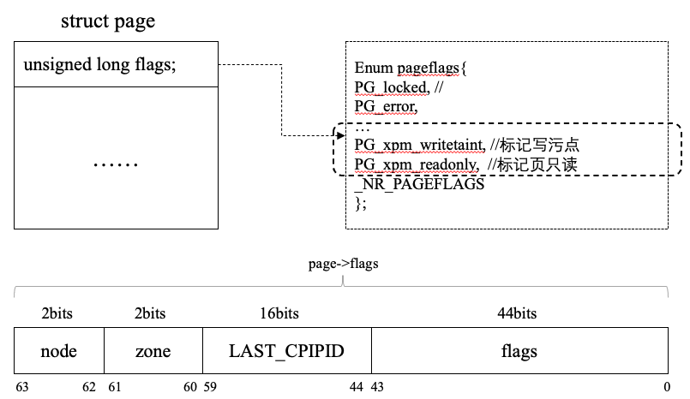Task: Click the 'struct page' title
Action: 107,21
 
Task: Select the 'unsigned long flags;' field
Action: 100,64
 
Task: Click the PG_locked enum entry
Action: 390,86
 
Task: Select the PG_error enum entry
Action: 386,106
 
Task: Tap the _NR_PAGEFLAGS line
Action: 419,183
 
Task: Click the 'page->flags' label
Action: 343,264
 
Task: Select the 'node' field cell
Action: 59,351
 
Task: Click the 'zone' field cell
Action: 153,351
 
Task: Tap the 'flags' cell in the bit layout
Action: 519,351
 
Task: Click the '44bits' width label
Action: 517,314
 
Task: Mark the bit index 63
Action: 22,387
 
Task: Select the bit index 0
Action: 667,387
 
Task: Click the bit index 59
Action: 210,387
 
